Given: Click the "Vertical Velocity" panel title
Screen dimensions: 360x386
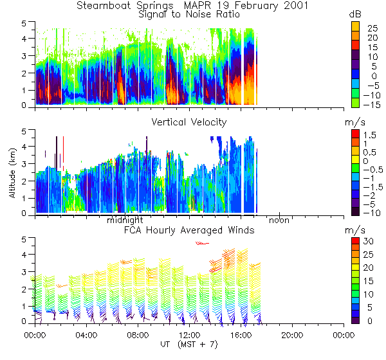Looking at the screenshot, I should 188,122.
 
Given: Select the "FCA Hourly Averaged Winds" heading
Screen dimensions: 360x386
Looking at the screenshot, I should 188,230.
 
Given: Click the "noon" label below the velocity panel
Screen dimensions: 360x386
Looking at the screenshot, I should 279,220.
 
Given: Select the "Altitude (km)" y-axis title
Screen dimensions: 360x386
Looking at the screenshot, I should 13,171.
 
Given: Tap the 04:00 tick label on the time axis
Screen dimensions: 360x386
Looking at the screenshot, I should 86,335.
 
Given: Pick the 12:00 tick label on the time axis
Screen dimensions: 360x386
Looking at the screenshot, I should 188,335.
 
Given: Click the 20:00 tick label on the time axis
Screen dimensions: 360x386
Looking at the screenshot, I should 292,335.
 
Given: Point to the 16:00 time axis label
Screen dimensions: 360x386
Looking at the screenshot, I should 241,335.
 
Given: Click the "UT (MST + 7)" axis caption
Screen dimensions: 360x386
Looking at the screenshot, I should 188,347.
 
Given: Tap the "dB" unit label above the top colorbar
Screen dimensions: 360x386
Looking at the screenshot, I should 354,14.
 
